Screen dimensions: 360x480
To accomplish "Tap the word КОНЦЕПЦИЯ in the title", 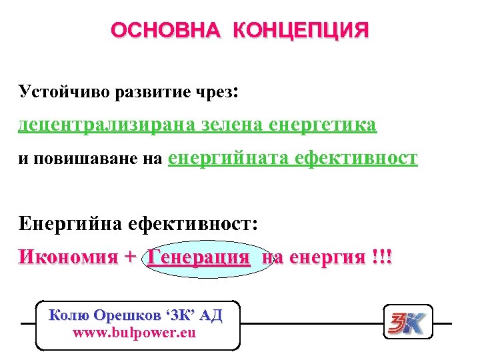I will (301, 31).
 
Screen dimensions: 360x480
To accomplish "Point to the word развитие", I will (149, 91).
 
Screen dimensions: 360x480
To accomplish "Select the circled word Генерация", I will (199, 257).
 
